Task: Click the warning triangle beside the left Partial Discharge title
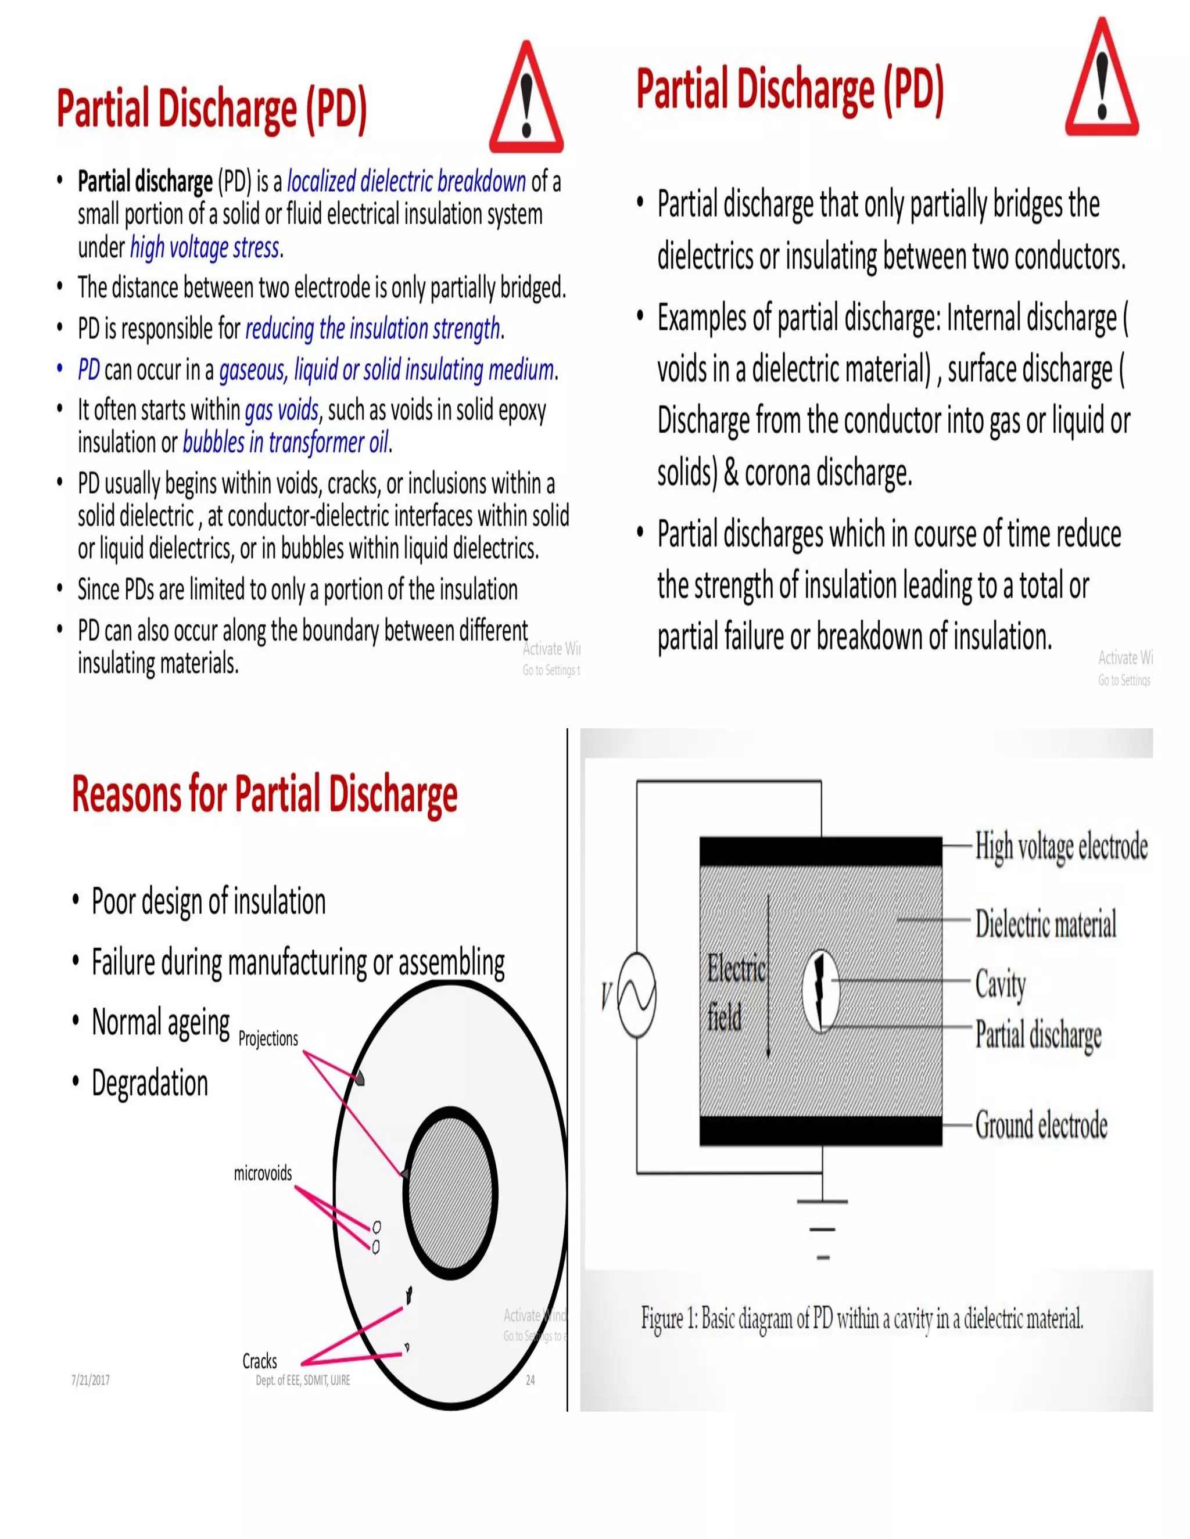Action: pos(526,99)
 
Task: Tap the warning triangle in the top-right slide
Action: pos(1102,79)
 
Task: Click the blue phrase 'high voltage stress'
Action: pos(205,248)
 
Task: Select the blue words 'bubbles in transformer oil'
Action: pos(285,443)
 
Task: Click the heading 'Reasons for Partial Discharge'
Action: pos(264,793)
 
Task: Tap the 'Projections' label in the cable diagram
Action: pos(268,1038)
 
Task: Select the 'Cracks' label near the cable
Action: pos(259,1361)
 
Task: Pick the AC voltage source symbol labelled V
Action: pos(637,995)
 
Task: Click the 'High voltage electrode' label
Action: pos(1061,846)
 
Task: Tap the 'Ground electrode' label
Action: pos(1041,1125)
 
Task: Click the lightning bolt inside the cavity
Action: pos(820,990)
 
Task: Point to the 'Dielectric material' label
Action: pos(1045,923)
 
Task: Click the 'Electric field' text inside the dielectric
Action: pos(735,994)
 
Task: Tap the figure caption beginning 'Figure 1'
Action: pos(862,1318)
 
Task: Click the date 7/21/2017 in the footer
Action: pos(90,1380)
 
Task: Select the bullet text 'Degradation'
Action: pos(149,1083)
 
